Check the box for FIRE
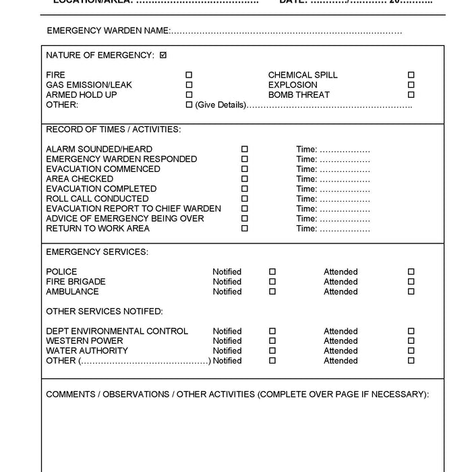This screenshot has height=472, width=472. click(189, 75)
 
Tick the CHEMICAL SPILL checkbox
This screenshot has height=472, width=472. click(411, 75)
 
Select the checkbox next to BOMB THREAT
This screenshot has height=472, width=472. click(411, 95)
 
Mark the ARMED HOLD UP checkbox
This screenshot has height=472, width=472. click(189, 95)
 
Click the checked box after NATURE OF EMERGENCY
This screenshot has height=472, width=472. click(163, 55)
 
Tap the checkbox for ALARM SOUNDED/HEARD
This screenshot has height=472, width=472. click(245, 149)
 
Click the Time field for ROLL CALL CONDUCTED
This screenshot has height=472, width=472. click(345, 199)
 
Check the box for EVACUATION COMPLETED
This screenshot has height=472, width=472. click(245, 189)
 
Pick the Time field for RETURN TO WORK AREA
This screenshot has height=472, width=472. click(345, 229)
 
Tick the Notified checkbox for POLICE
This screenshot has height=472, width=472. click(272, 272)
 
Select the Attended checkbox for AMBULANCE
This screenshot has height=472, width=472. click(411, 292)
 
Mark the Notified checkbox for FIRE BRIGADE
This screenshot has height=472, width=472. click(272, 282)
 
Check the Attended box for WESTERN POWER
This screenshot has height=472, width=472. click(411, 341)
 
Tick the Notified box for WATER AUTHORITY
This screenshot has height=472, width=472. click(272, 351)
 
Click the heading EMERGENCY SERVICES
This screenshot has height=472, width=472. click(97, 252)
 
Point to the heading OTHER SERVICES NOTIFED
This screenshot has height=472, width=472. click(105, 312)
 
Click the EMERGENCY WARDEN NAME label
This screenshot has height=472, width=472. click(109, 31)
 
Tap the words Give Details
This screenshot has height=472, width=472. click(220, 105)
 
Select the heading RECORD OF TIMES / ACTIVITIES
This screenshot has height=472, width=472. click(113, 129)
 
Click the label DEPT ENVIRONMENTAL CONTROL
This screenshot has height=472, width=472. click(117, 331)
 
